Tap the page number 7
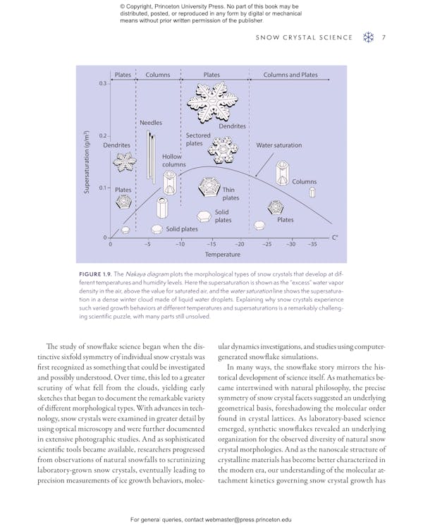384,38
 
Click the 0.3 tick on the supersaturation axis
102,83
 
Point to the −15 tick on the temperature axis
211,244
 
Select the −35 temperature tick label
312,244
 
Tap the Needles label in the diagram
150,123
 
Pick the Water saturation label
278,145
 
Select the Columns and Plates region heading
290,74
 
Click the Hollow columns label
173,160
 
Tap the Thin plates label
231,194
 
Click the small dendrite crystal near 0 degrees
125,162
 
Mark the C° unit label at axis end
336,238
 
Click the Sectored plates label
198,139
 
